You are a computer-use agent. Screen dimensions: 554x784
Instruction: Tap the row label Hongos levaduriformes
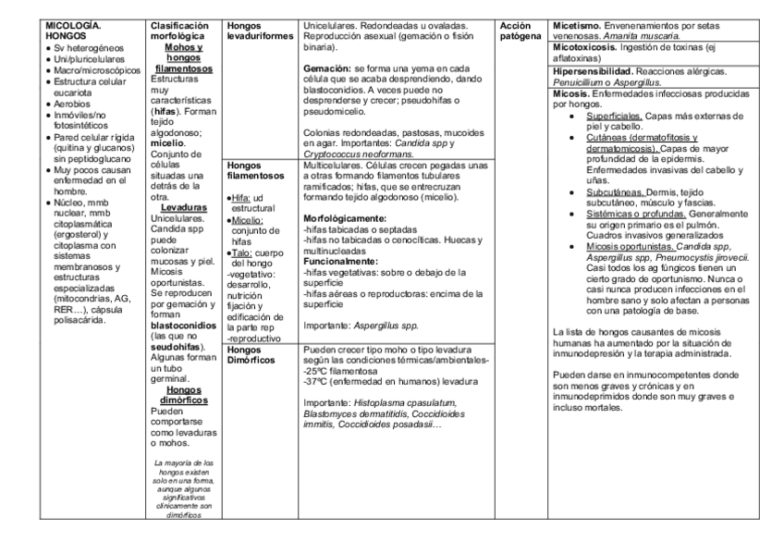coord(261,27)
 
